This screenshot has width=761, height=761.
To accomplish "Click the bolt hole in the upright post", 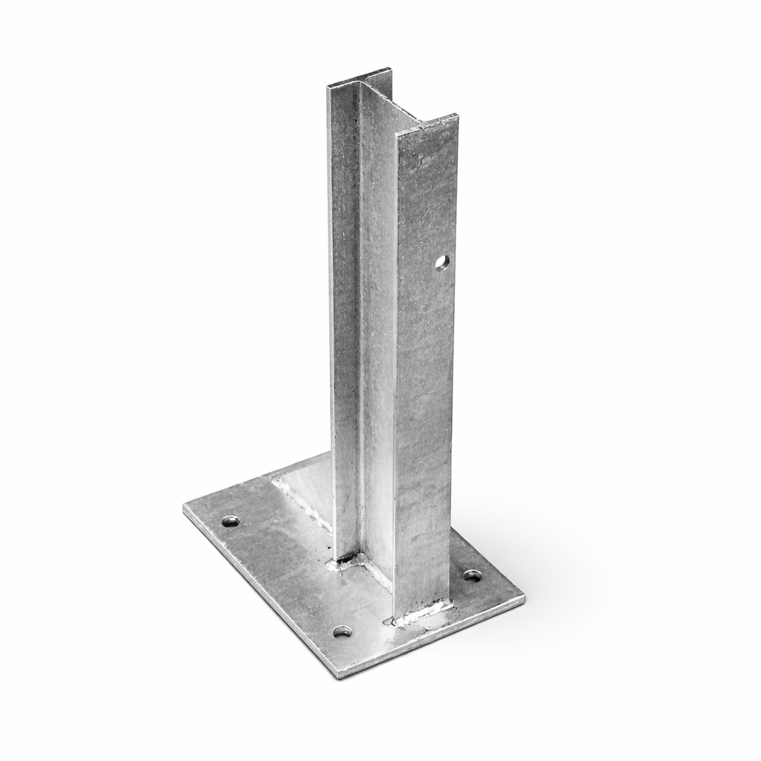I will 442,262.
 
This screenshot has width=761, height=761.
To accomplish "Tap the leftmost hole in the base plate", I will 230,521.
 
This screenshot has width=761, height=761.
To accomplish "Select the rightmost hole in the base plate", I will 472,574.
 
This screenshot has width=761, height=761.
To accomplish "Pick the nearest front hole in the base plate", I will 342,632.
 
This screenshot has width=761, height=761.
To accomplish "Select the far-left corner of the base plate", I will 186,508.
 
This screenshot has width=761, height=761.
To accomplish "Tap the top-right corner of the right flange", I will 456,116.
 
